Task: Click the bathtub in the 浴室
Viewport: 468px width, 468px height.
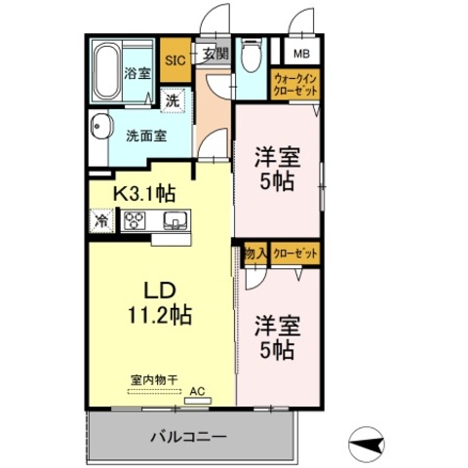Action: pyautogui.click(x=106, y=71)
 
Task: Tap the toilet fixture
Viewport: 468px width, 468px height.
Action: pyautogui.click(x=252, y=56)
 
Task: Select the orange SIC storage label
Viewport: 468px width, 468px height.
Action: pyautogui.click(x=175, y=60)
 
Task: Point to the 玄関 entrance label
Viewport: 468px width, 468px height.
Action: pyautogui.click(x=215, y=54)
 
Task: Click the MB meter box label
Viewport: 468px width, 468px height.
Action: pyautogui.click(x=301, y=54)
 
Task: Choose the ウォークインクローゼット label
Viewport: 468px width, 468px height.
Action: pyautogui.click(x=295, y=85)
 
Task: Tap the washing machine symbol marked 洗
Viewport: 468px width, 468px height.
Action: pyautogui.click(x=173, y=100)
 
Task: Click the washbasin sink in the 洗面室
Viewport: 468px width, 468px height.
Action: pyautogui.click(x=100, y=127)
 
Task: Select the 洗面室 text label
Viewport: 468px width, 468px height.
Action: pyautogui.click(x=146, y=136)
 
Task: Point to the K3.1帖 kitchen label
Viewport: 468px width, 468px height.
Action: pyautogui.click(x=144, y=193)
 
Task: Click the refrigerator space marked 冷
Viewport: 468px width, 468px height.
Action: pyautogui.click(x=101, y=220)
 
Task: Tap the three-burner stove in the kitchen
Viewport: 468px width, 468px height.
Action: pyautogui.click(x=135, y=220)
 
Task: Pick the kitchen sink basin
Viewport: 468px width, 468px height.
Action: pyautogui.click(x=175, y=220)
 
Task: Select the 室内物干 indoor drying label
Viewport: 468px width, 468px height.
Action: pyautogui.click(x=154, y=379)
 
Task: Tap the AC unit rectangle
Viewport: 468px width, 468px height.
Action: pyautogui.click(x=198, y=401)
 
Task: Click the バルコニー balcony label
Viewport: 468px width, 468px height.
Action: pyautogui.click(x=188, y=437)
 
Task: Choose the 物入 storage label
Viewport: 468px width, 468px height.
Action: pyautogui.click(x=256, y=253)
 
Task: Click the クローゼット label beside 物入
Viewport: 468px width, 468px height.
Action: pyautogui.click(x=295, y=253)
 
